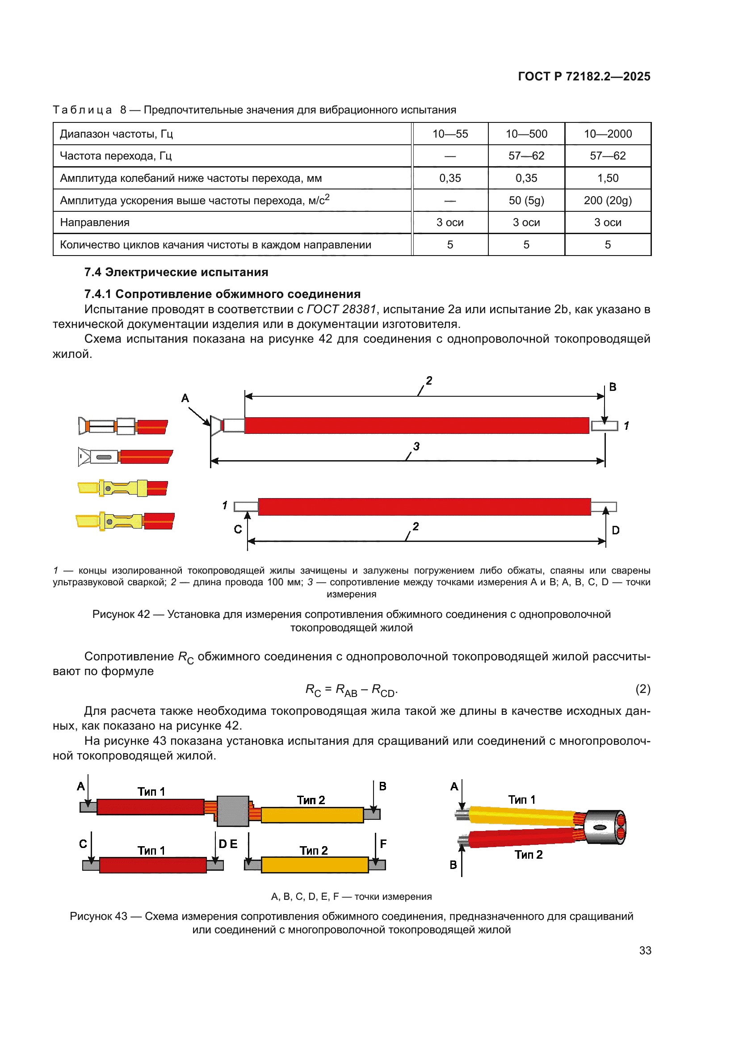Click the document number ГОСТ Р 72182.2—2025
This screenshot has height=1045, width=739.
tap(584, 76)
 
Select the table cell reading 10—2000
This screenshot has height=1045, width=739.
tap(608, 134)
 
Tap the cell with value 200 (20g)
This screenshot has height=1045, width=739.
tap(608, 200)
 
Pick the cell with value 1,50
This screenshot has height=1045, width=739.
tap(608, 178)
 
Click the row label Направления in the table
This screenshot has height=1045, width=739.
tap(95, 222)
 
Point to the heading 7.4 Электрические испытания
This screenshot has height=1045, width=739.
tap(176, 272)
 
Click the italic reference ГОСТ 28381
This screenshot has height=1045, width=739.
tap(341, 310)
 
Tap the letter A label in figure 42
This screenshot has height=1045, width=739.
tap(185, 398)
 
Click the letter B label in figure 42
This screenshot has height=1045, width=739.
tap(613, 387)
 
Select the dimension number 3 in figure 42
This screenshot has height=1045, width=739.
tap(416, 446)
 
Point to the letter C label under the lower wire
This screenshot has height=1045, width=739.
tap(238, 529)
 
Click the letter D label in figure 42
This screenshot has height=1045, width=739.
tap(615, 530)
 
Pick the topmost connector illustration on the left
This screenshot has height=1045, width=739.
tap(123, 427)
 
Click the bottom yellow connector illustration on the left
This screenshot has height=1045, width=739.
tap(125, 521)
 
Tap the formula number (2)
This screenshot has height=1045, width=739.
tap(642, 689)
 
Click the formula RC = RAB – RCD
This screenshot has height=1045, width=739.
tap(351, 690)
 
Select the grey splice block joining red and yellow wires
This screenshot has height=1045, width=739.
tap(232, 811)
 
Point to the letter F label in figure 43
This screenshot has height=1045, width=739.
tap(383, 844)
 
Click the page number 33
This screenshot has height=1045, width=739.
tap(645, 950)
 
